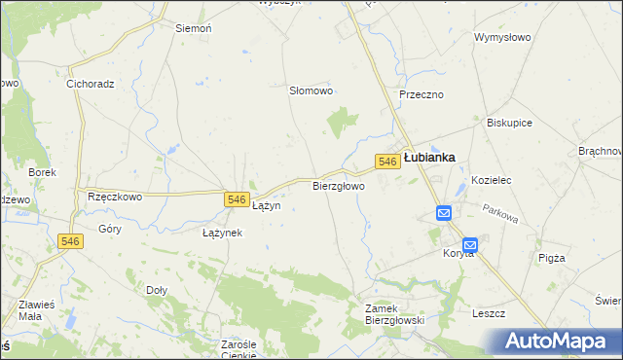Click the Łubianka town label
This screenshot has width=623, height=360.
click(429, 157)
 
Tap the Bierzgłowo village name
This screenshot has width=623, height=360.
click(339, 186)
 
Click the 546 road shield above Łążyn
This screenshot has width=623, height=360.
click(236, 198)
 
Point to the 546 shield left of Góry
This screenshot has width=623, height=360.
click(69, 241)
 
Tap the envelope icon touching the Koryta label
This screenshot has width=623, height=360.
click(470, 246)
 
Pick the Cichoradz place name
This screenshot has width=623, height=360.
click(91, 84)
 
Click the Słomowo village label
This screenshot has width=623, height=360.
click(311, 90)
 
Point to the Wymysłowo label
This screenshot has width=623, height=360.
click(501, 37)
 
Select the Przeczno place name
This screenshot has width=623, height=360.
click(421, 94)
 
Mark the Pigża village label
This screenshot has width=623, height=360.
click(551, 258)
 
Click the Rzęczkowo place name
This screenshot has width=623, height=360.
click(115, 196)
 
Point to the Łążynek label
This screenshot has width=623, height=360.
click(222, 234)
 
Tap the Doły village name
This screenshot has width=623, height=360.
click(157, 290)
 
